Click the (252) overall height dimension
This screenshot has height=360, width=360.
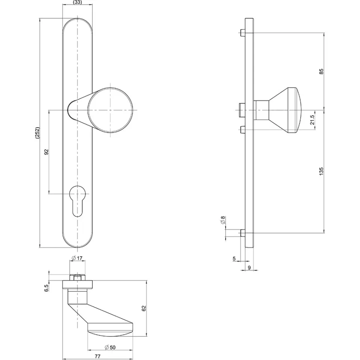37,133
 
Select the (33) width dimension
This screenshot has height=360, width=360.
77,3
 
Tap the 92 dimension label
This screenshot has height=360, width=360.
46,152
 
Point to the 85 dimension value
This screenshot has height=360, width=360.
321,71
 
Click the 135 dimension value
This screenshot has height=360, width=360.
321,171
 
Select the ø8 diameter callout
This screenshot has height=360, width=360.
223,220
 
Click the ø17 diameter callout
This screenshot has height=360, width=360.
77,258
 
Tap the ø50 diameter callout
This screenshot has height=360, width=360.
110,347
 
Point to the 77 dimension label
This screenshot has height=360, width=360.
98,356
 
